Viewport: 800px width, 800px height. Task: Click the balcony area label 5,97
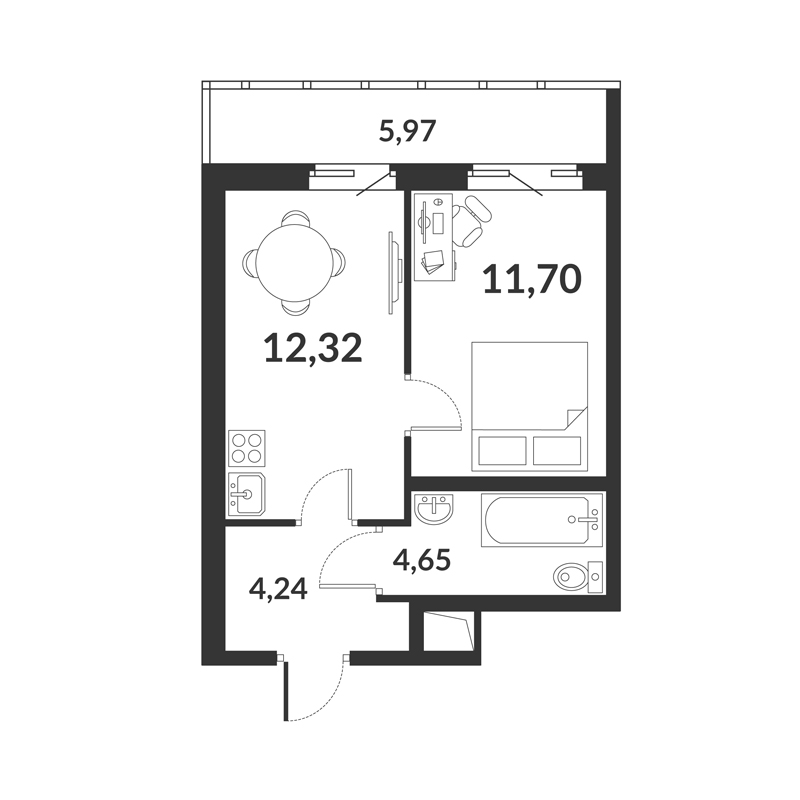coord(407,131)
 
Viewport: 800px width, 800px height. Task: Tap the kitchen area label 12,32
coord(313,347)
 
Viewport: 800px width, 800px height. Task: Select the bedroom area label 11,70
coord(532,279)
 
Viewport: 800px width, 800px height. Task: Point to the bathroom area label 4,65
coord(421,560)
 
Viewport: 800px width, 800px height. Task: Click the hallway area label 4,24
coord(278,589)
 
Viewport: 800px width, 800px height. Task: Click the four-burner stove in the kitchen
coord(247,448)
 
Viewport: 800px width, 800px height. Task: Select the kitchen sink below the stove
coord(246,493)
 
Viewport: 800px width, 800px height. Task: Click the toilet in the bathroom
coord(578,577)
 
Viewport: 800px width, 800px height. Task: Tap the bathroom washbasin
coord(433,509)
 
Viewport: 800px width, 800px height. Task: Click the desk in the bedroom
coord(434,237)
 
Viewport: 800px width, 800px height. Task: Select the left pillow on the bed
coord(503,451)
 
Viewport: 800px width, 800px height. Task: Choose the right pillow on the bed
coord(557,451)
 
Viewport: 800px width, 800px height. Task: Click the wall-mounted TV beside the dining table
coord(393,272)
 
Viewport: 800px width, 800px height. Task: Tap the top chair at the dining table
coord(296,217)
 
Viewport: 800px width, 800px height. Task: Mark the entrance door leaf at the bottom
coord(287,691)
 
